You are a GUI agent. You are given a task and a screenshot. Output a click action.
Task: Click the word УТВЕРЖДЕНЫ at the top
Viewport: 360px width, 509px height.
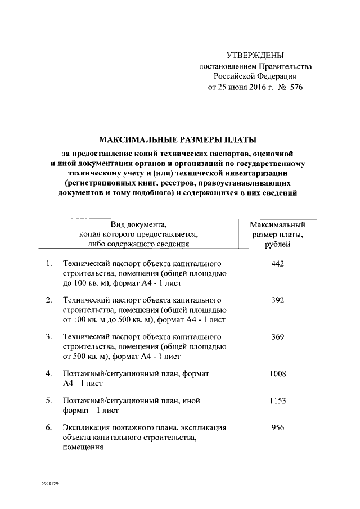[x=255, y=56]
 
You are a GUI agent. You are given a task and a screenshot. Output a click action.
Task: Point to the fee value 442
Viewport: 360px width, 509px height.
[x=277, y=263]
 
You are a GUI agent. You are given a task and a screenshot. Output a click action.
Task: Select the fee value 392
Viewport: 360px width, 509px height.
[x=277, y=300]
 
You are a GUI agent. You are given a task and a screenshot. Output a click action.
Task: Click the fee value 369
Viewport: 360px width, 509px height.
[x=277, y=336]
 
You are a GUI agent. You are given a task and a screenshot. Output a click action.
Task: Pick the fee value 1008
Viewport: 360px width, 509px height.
[x=277, y=373]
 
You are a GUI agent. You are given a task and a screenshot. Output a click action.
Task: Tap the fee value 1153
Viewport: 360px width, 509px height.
[x=277, y=400]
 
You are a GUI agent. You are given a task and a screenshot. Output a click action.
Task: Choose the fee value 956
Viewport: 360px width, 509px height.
[x=277, y=427]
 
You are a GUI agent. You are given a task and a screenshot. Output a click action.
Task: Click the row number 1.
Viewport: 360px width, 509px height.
[x=49, y=263]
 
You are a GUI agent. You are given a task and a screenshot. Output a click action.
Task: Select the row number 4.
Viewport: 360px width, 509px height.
[x=49, y=373]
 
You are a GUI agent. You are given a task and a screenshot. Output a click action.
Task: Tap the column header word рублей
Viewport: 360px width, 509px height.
[x=277, y=245]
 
